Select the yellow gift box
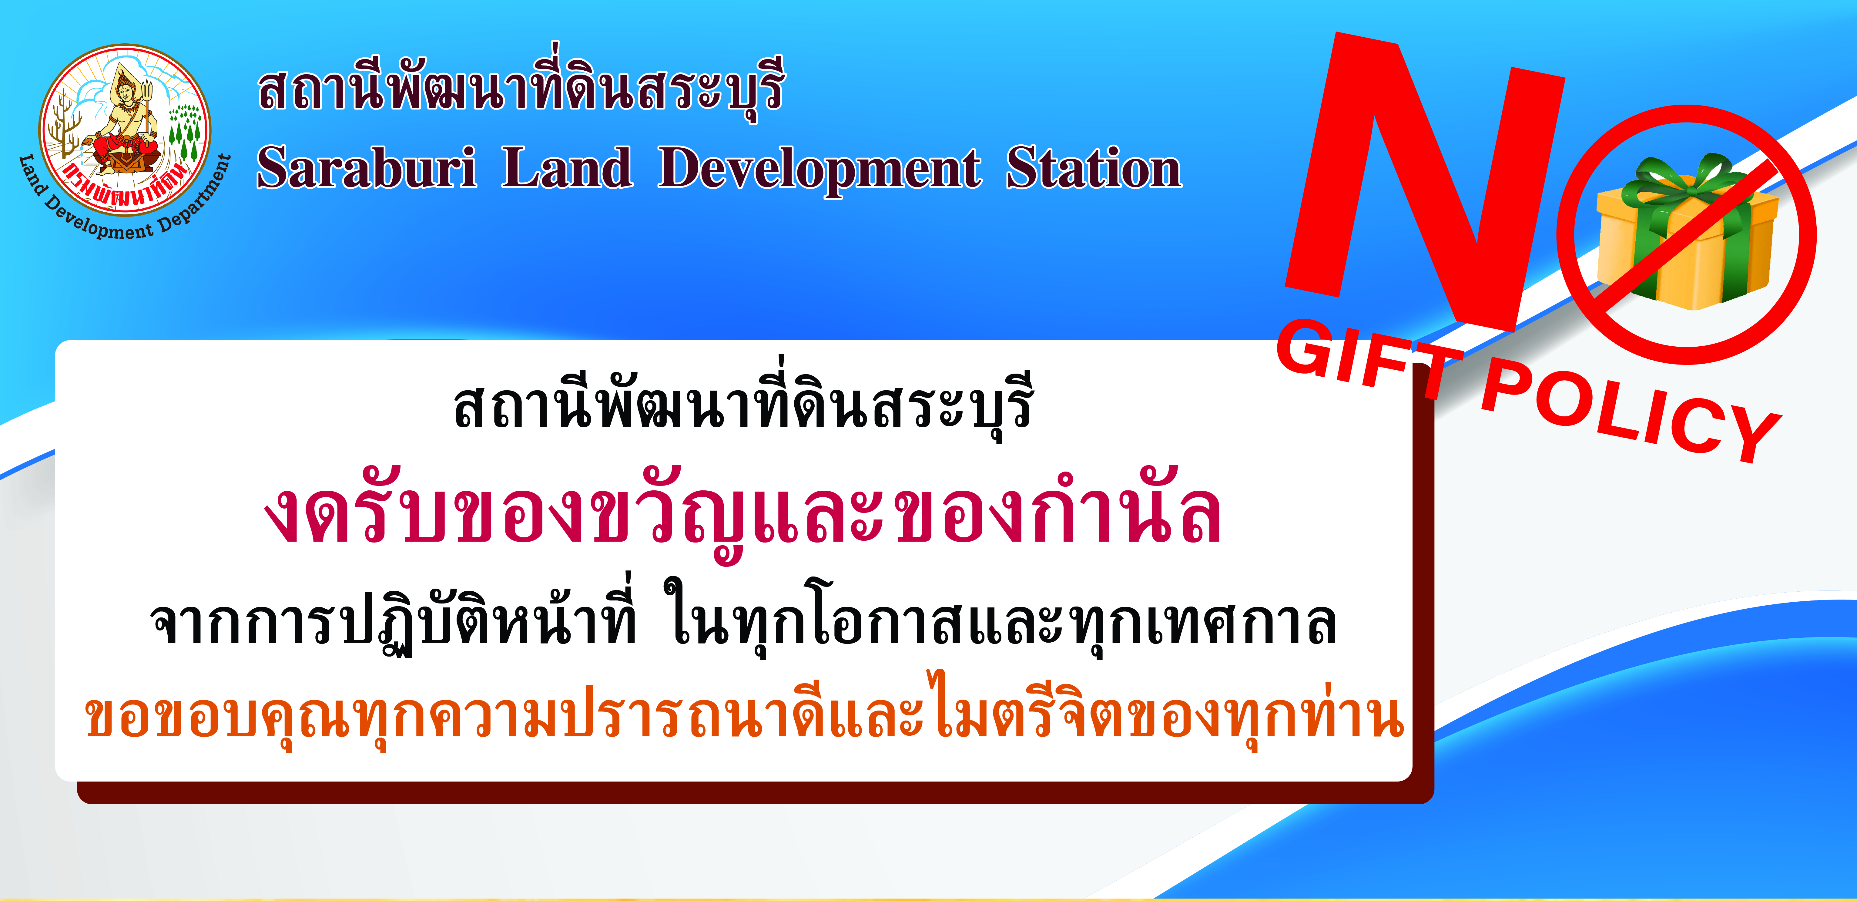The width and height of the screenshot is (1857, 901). click(1687, 241)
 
